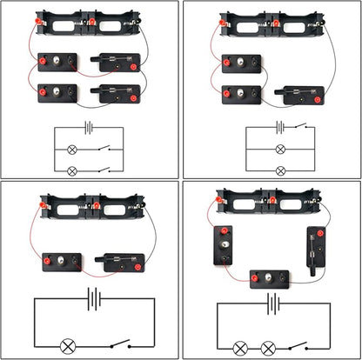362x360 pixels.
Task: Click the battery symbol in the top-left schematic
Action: click(88, 129)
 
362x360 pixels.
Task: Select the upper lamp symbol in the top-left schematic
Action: click(72, 149)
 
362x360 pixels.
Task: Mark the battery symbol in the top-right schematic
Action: click(279, 128)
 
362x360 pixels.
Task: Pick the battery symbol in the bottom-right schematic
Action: click(273, 303)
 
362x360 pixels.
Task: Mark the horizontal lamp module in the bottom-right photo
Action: click(271, 278)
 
